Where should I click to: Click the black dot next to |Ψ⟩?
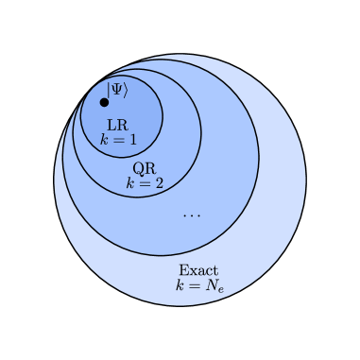click(105, 102)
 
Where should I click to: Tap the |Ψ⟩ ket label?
click(116, 90)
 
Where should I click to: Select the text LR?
click(118, 125)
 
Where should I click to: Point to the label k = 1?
click(118, 140)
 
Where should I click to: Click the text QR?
click(144, 168)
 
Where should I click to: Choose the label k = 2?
click(145, 183)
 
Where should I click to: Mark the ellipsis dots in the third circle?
click(192, 214)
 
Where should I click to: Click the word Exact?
click(198, 270)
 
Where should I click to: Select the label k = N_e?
click(198, 285)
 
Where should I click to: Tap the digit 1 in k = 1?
click(132, 140)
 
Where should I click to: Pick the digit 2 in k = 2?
click(159, 183)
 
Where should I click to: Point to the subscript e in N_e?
click(219, 288)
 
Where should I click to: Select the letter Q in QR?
click(138, 168)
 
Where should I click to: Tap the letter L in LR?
click(112, 125)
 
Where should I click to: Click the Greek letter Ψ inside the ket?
click(116, 90)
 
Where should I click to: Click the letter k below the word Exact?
click(179, 285)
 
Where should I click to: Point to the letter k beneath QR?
click(130, 183)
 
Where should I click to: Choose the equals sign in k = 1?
click(118, 140)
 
